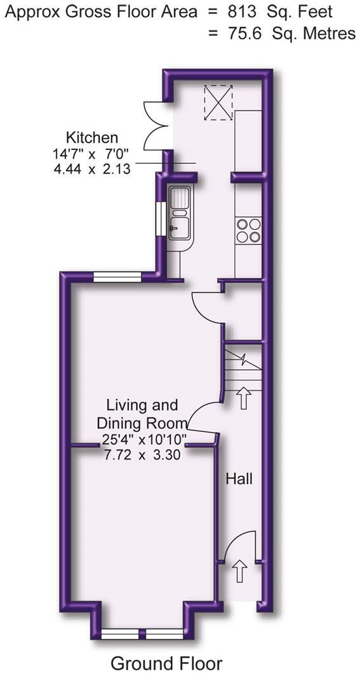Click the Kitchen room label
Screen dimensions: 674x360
[92, 137]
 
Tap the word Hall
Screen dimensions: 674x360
[239, 478]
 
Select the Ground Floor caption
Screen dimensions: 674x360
[166, 663]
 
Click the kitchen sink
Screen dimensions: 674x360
[179, 212]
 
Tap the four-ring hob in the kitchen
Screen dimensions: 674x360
[248, 230]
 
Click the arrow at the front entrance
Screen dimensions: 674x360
[239, 571]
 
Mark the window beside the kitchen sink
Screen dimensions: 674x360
[161, 220]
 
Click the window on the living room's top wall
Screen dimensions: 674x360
[117, 276]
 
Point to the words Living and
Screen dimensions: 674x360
[142, 405]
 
